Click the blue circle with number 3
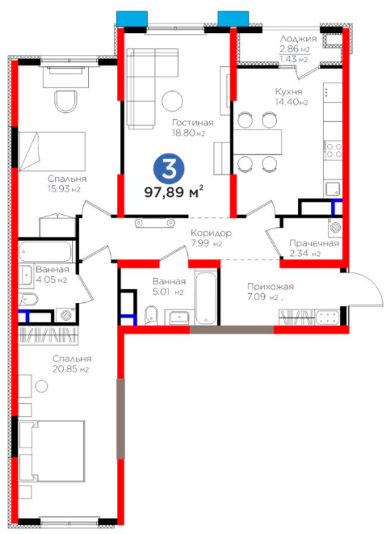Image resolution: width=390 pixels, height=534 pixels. pos(168,169)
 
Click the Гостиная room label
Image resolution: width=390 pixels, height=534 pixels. pos(193,122)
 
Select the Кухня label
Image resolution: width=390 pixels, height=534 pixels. pos(288,91)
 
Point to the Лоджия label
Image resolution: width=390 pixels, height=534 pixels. pos(299,39)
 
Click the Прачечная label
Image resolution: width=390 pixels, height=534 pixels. pos(314,243)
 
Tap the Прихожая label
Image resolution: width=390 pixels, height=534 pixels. pos(270,287)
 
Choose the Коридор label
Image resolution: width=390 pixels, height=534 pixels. pos(211,233)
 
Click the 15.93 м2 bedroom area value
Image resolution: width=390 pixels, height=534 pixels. pos(64,189)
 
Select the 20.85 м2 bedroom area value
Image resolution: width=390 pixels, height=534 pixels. pos(71,369)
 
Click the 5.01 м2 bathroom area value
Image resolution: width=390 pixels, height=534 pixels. pos(168,292)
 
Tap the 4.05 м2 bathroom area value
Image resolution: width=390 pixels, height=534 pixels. pos(52,280)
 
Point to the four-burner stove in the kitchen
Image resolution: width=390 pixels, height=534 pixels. pos(333,149)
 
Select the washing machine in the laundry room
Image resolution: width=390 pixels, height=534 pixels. pos(335,227)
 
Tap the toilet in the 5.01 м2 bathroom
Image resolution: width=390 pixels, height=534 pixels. pos(151,315)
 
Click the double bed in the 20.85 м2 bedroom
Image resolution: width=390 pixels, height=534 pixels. pos(52,452)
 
